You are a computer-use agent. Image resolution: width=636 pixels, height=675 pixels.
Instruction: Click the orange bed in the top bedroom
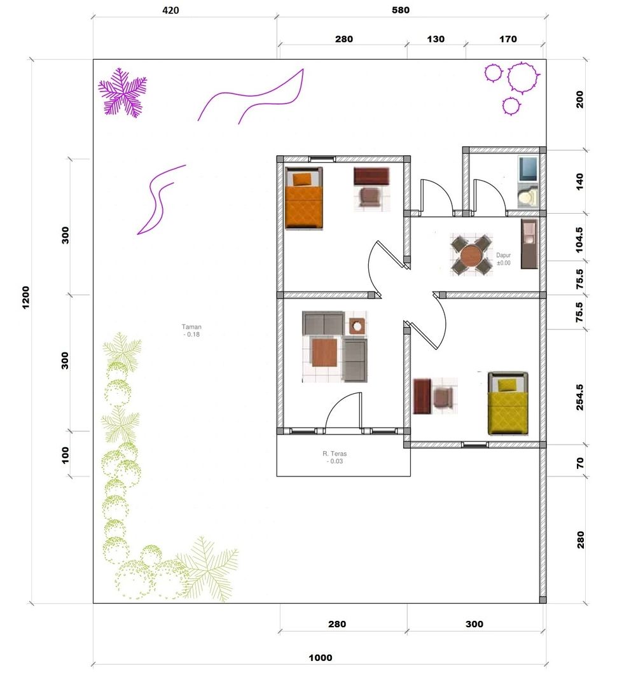coord(304,198)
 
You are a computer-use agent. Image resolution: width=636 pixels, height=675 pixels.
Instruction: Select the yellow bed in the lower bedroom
coord(508,404)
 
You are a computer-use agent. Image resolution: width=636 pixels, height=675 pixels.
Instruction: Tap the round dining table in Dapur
coord(472,256)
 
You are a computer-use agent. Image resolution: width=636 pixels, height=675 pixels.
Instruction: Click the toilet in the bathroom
coord(527,197)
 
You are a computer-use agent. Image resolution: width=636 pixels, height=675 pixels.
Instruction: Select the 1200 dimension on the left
coord(26,298)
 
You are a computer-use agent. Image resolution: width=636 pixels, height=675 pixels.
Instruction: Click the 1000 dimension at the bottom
coord(321,658)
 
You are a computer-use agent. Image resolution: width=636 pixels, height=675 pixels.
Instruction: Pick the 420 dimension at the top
coord(171,10)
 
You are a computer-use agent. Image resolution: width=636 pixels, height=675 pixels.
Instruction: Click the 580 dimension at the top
coord(401,10)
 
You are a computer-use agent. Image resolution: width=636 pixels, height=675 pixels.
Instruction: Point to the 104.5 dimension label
coord(579,240)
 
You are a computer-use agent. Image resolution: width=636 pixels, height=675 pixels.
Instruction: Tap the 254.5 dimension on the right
coord(579,397)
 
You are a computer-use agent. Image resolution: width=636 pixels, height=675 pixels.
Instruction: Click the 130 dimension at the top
coord(436,39)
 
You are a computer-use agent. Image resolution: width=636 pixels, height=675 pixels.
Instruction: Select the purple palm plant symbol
coord(123,92)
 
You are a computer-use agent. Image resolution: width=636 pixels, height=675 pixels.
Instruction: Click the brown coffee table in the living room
coord(324,352)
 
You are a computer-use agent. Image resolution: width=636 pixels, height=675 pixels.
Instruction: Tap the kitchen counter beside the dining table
coord(530,244)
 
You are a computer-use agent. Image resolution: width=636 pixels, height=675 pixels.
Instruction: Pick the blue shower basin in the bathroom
coord(528,169)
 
